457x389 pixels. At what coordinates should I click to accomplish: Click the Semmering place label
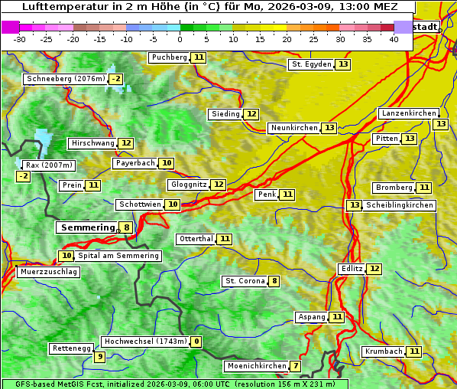point(86,227)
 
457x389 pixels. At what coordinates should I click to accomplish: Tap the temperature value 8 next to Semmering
point(126,227)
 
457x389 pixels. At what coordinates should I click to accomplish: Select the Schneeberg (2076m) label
point(65,79)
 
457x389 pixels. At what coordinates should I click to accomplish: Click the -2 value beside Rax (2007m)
point(24,176)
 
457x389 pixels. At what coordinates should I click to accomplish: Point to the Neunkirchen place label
point(293,128)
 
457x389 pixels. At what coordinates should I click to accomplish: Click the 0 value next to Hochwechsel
point(196,342)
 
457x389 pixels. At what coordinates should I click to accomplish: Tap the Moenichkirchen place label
point(257,366)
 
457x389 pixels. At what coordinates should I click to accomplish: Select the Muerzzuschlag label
point(48,272)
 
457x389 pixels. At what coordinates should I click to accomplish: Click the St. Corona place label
point(245,281)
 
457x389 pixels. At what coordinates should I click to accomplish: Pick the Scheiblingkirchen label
point(399,205)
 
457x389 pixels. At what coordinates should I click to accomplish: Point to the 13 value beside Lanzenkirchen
point(440,124)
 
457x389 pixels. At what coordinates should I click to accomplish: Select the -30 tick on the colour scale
point(20,39)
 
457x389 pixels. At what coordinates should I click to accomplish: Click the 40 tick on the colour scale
point(394,39)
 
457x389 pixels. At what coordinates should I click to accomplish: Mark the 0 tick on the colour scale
point(180,39)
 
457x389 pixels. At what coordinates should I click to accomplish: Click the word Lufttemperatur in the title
point(59,7)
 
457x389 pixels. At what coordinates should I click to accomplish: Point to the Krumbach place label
point(384,351)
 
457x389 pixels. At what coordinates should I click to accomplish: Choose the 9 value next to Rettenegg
point(99,357)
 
